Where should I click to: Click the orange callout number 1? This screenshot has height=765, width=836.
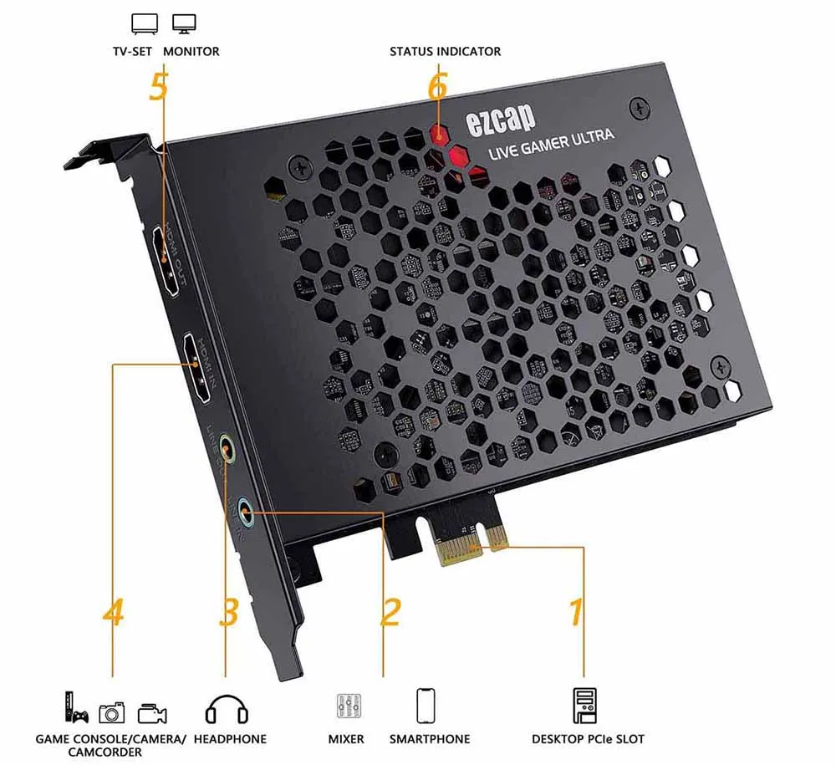[x=575, y=611]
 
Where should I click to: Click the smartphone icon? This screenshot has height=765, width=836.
[x=426, y=705]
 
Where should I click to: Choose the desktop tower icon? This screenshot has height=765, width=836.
[x=584, y=706]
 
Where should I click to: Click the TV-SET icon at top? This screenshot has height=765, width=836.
[x=145, y=23]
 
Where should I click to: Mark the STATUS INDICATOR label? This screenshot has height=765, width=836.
[x=445, y=52]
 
